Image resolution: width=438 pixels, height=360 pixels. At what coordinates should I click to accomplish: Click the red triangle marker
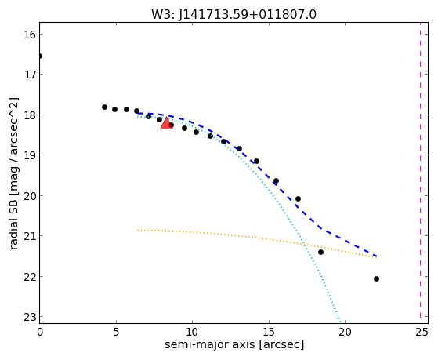[x=166, y=123]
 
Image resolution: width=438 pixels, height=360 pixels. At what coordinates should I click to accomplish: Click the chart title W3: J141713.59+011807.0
[x=233, y=14]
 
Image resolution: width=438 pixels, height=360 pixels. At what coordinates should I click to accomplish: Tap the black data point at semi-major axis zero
[x=40, y=56]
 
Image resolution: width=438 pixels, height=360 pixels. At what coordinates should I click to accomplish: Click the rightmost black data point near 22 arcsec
[x=376, y=279]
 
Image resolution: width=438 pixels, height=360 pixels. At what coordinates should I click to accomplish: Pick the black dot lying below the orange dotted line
[x=320, y=253]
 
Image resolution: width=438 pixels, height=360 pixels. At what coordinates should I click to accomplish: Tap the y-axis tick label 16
[x=30, y=35]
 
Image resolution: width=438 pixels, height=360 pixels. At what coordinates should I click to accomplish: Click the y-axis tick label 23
[x=30, y=317]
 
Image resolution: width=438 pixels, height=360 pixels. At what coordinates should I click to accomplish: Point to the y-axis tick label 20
[x=30, y=196]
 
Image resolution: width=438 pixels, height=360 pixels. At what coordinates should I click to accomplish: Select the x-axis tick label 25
[x=422, y=332]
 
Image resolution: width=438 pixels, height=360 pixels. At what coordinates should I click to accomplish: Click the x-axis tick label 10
[x=192, y=332]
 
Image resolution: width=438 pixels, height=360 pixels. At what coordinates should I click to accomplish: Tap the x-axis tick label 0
[x=40, y=332]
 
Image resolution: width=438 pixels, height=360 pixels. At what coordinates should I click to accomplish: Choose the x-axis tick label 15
[x=269, y=332]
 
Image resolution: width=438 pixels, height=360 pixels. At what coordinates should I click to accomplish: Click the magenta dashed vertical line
[x=420, y=173]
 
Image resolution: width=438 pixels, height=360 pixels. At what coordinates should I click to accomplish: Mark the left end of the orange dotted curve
[x=137, y=231]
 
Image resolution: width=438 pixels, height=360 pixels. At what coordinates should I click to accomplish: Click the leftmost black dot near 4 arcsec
[x=104, y=107]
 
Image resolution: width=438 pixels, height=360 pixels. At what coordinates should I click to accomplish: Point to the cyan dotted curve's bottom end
[x=340, y=322]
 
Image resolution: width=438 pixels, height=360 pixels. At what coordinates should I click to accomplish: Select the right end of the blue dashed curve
[x=377, y=256]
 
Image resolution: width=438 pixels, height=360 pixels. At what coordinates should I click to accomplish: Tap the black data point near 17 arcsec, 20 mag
[x=298, y=199]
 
